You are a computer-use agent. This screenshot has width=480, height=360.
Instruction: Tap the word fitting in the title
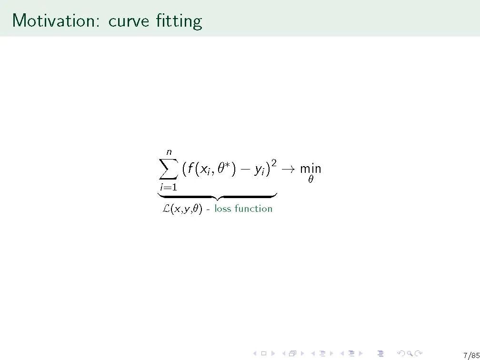click(x=179, y=21)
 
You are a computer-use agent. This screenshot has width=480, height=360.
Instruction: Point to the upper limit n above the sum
click(x=169, y=152)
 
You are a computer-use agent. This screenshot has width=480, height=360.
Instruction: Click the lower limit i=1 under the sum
click(x=169, y=187)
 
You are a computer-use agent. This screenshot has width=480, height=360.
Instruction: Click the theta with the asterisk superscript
click(x=224, y=168)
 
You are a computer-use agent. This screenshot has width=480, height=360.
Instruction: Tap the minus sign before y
click(x=245, y=170)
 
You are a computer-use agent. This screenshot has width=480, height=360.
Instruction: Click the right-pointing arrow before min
click(x=288, y=170)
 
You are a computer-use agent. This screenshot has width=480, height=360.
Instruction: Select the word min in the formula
click(x=310, y=169)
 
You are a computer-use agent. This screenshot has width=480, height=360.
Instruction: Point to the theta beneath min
click(x=310, y=179)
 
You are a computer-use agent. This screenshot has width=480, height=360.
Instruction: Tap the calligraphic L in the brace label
click(x=166, y=209)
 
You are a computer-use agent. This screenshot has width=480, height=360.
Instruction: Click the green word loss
click(x=222, y=209)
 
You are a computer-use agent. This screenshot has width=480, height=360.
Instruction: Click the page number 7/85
click(x=471, y=355)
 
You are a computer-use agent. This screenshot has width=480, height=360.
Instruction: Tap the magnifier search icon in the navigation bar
click(x=410, y=353)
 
